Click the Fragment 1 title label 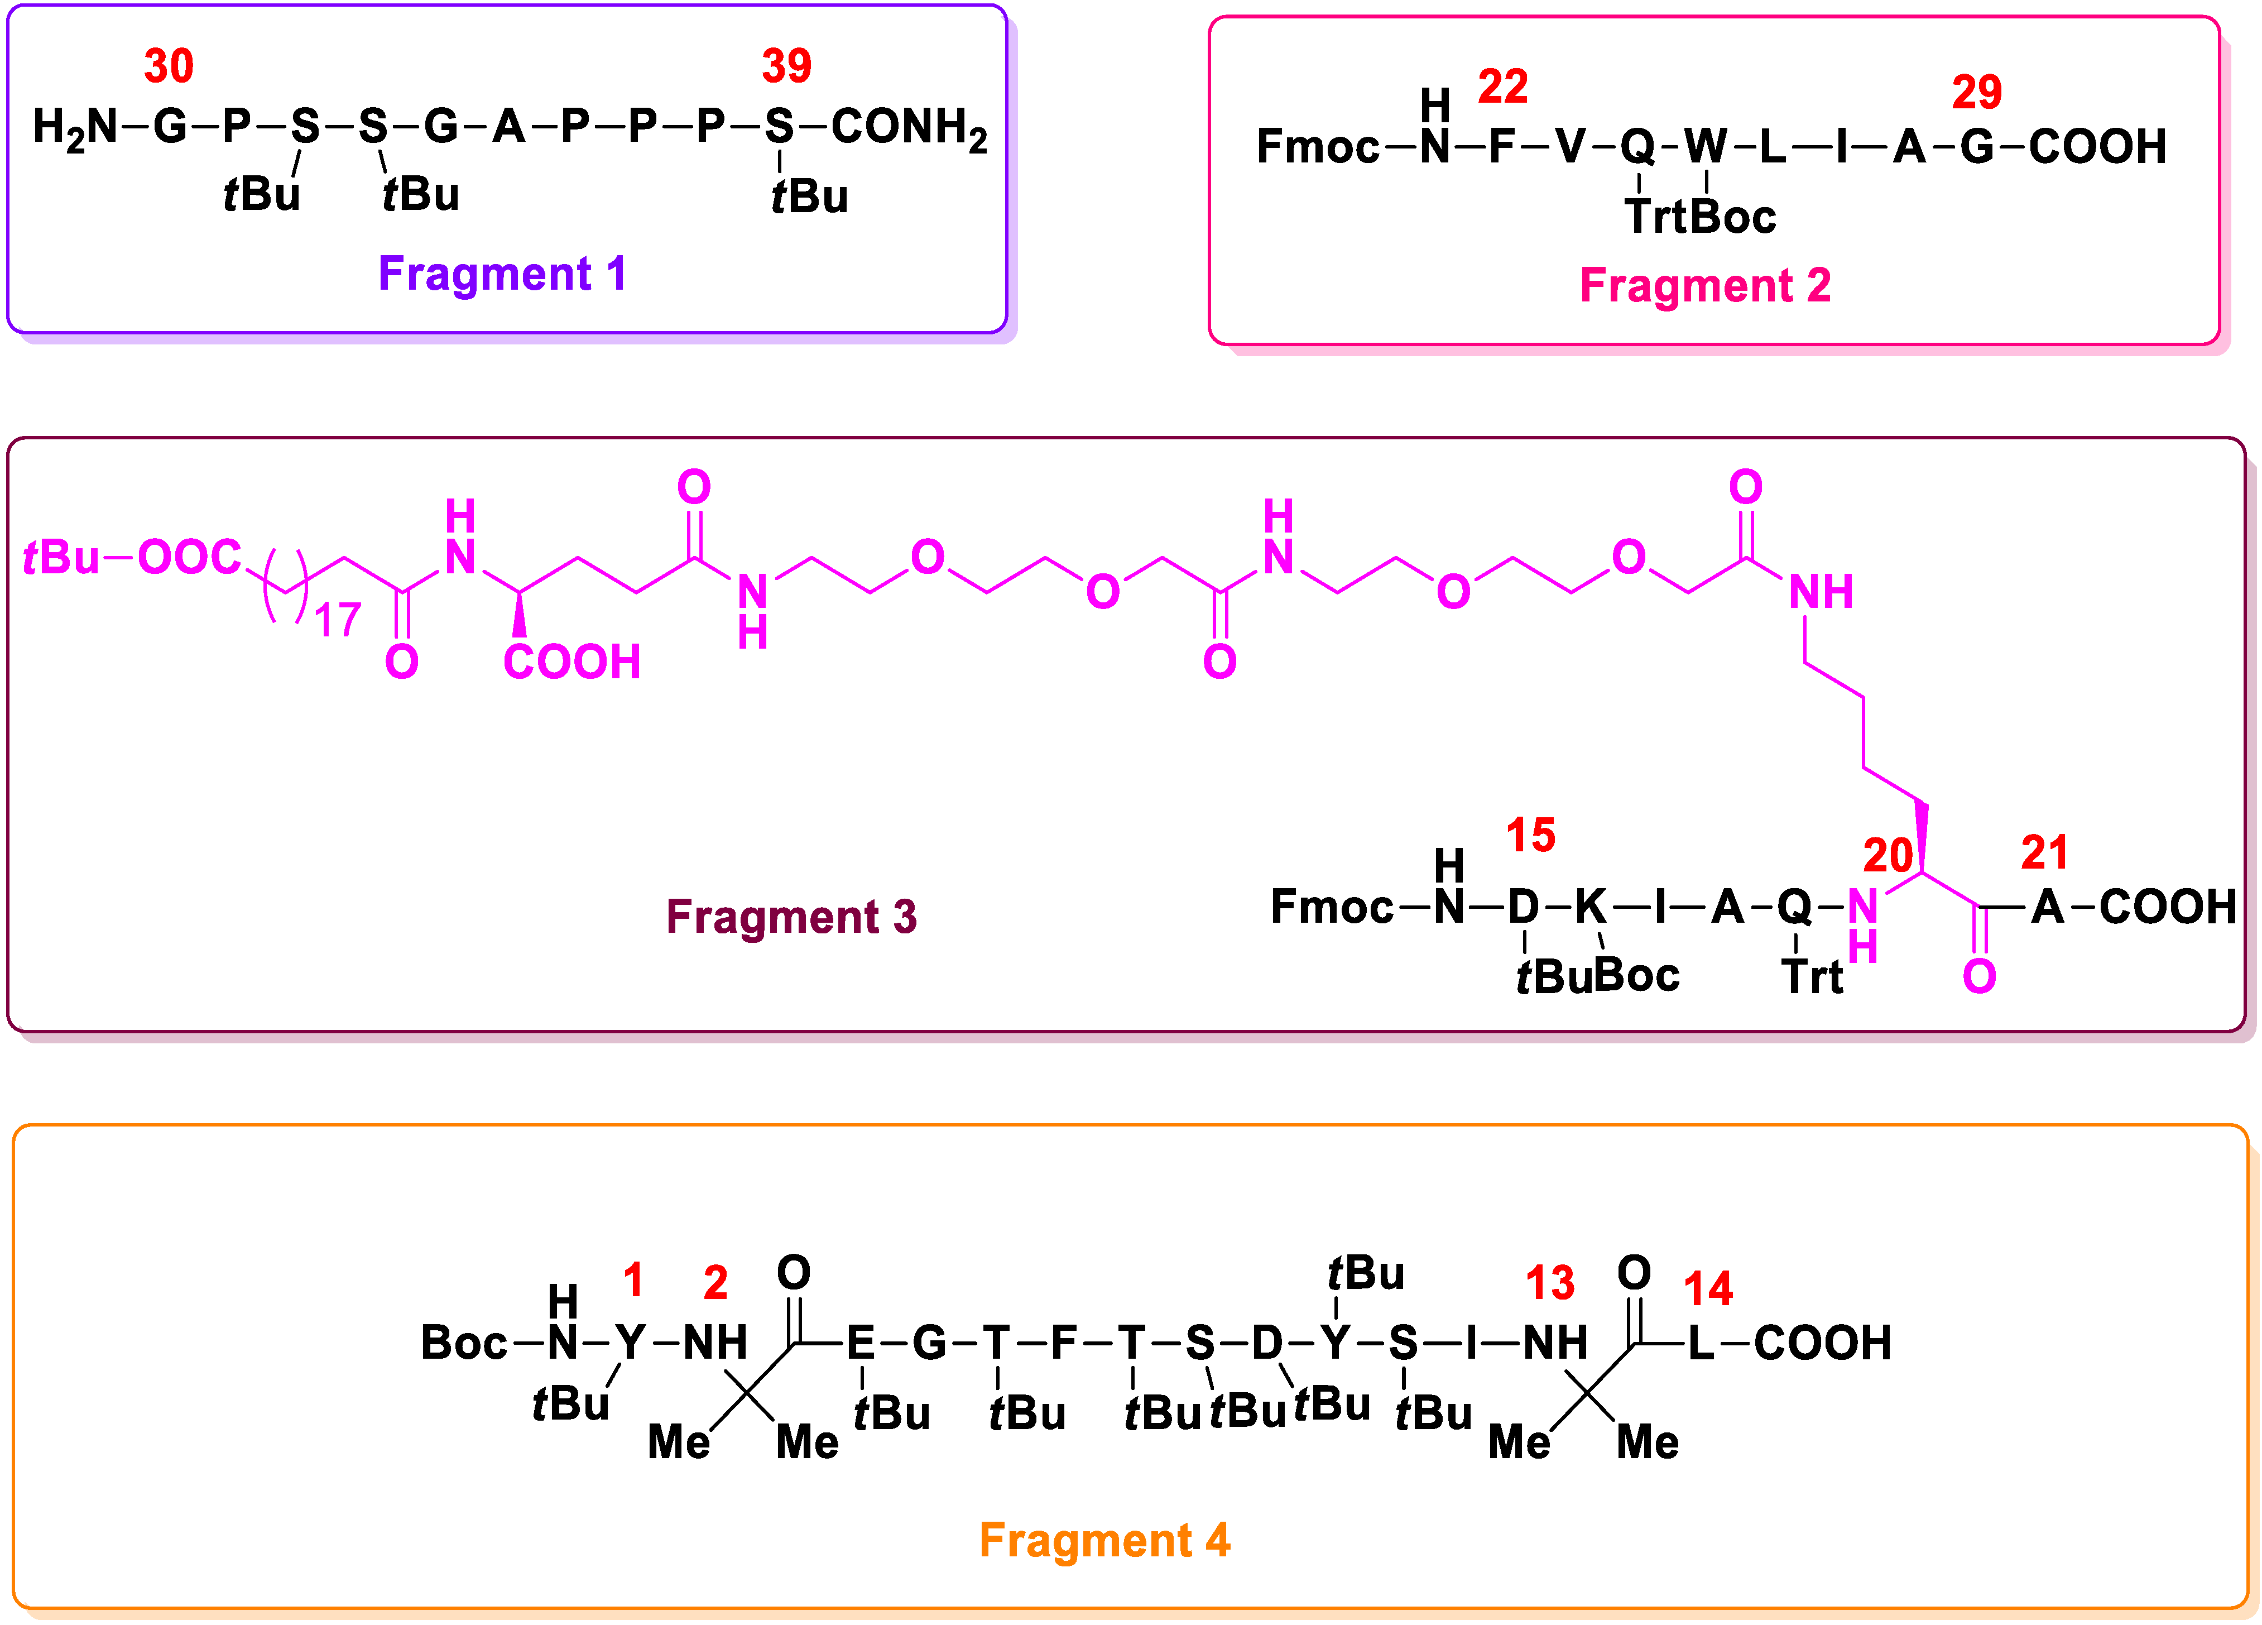click(x=502, y=274)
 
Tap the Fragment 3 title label click(x=791, y=915)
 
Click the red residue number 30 click(x=169, y=67)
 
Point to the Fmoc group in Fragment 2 click(x=1317, y=147)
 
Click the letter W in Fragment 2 click(x=1706, y=147)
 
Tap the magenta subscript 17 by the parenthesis click(x=337, y=621)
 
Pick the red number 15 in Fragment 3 click(x=1530, y=835)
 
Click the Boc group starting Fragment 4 click(x=464, y=1343)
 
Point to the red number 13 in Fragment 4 click(x=1550, y=1284)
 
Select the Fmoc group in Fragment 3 click(x=1331, y=907)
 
